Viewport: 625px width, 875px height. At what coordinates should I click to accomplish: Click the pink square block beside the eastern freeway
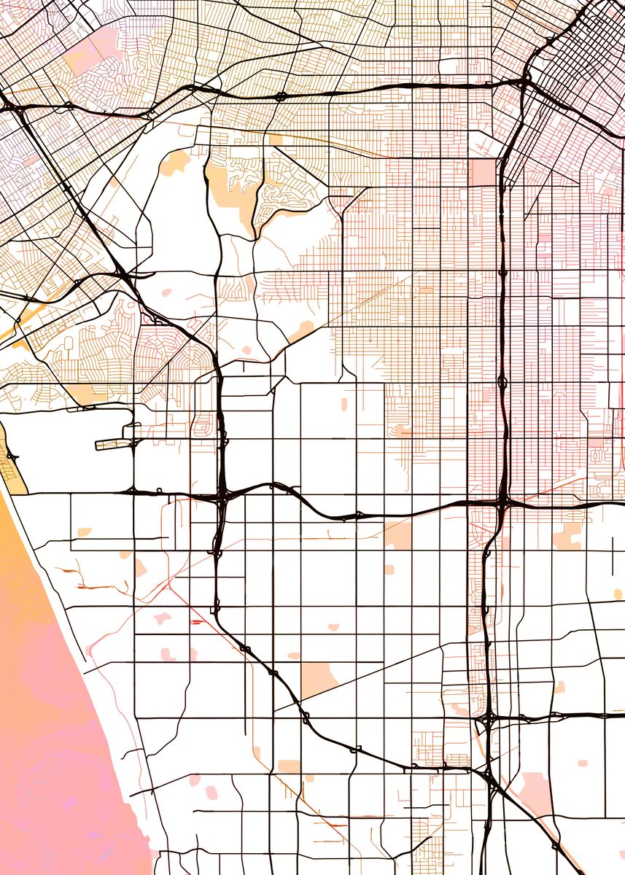point(482,172)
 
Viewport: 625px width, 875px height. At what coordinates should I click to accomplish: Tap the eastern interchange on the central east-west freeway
point(502,501)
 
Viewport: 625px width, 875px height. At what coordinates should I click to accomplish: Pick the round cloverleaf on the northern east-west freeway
point(281,96)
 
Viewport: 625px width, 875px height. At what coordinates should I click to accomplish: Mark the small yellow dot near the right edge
point(618,594)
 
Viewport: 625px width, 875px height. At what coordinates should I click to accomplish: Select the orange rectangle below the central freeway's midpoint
point(398,536)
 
